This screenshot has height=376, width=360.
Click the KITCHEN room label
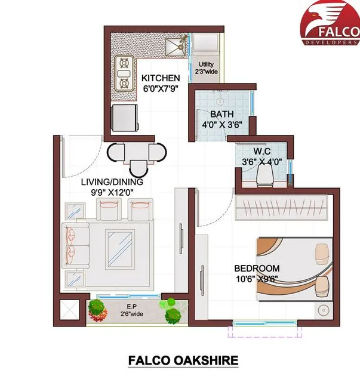[x=160, y=78]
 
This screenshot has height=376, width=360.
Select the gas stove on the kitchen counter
[x=124, y=73]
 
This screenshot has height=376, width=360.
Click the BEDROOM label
[x=257, y=269]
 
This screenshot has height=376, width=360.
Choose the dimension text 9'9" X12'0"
[x=113, y=193]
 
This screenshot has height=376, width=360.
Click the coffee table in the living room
[x=119, y=247]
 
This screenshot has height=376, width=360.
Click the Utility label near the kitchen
[x=206, y=64]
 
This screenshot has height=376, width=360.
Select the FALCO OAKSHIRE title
[x=183, y=360]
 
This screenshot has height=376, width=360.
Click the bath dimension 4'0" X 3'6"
[x=222, y=125]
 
